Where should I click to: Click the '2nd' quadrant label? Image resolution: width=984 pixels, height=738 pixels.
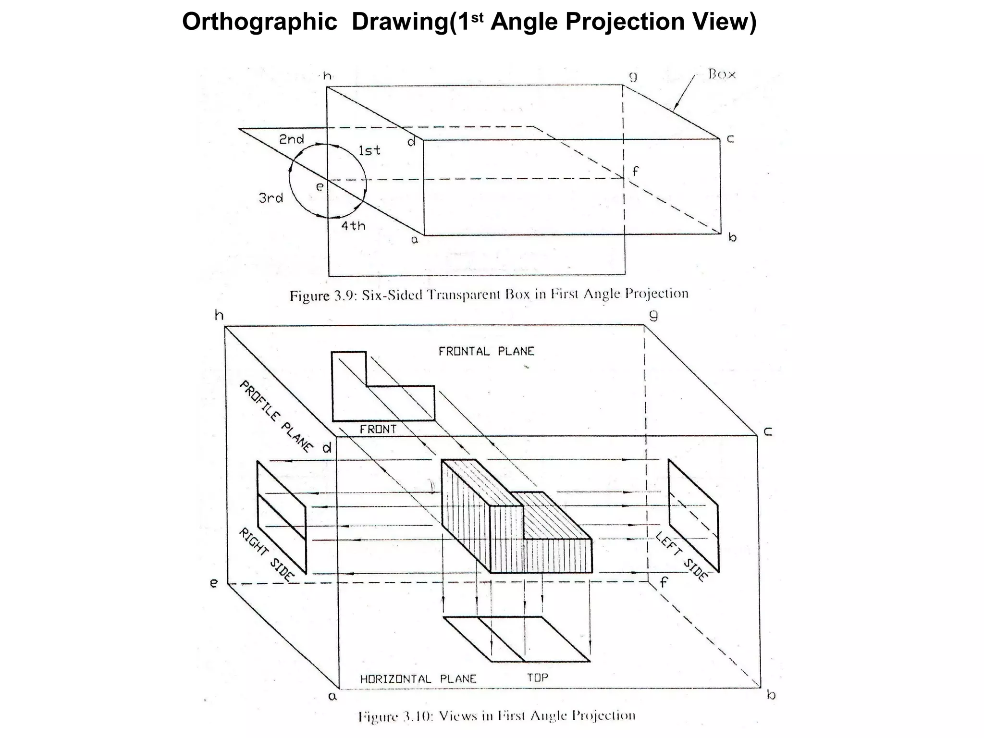291,139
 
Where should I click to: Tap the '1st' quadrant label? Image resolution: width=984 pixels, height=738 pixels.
369,150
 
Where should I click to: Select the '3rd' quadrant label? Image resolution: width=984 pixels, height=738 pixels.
271,198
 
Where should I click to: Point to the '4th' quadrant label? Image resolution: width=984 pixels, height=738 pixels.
353,225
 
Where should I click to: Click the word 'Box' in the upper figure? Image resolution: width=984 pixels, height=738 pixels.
722,74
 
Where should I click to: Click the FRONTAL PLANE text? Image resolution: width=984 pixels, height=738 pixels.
486,351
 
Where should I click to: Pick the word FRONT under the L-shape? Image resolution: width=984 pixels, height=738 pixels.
378,429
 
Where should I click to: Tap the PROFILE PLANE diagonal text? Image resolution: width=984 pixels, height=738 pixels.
276,416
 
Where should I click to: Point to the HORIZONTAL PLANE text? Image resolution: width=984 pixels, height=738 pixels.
418,679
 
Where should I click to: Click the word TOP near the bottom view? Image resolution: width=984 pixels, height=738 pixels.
537,677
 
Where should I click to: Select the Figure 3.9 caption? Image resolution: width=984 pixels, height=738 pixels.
489,294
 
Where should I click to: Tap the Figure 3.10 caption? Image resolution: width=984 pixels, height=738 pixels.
497,716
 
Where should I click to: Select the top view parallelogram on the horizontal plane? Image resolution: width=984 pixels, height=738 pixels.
517,639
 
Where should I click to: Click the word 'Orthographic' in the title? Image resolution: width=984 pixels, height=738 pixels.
259,22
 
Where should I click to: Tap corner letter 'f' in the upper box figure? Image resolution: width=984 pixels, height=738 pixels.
635,171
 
